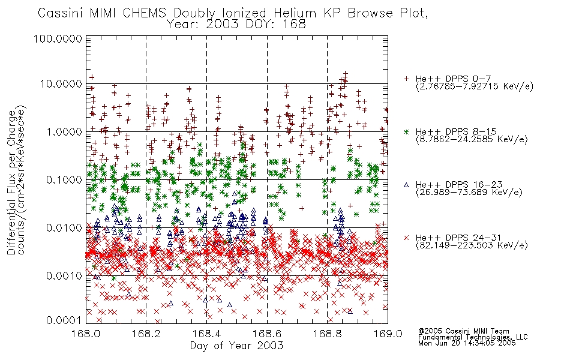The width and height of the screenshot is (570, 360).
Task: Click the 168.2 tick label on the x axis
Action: coord(146,334)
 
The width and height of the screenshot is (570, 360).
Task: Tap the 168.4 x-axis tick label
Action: coord(206,334)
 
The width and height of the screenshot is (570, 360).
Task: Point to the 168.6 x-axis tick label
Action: coord(267,334)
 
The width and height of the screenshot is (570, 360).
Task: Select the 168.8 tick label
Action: coord(327,334)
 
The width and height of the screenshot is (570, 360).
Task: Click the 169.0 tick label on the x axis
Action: coord(388,334)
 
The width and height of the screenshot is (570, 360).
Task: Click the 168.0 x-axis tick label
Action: coord(86,334)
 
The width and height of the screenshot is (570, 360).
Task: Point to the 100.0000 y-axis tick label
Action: coord(58,38)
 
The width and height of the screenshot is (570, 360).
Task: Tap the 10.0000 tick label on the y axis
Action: coord(61,84)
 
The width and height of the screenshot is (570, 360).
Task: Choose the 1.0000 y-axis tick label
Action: coord(64,131)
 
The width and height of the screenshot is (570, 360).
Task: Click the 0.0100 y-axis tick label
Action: coord(64,228)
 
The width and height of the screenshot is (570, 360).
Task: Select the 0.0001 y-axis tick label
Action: coord(64,320)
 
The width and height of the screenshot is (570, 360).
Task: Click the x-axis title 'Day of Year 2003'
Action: coord(236,346)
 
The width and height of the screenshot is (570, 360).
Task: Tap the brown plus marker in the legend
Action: coord(406,79)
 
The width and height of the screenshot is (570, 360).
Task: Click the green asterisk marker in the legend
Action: coord(406,131)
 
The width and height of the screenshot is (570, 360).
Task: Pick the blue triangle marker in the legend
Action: coord(406,185)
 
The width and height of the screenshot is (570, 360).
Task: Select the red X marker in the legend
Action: coord(406,238)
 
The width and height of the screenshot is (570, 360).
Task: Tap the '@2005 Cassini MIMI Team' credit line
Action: coord(463,331)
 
